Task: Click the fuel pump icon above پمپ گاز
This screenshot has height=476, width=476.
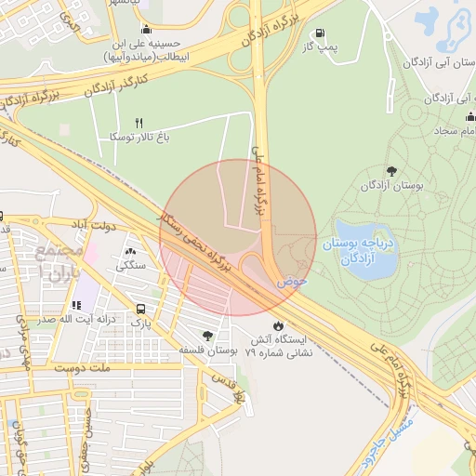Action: [320, 33]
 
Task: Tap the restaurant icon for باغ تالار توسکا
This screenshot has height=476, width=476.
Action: [139, 123]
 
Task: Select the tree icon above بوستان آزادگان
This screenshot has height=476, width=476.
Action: [390, 171]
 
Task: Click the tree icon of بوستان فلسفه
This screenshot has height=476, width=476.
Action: [206, 336]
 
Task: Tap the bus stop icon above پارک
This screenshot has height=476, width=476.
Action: [139, 309]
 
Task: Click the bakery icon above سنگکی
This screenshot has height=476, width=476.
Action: [129, 251]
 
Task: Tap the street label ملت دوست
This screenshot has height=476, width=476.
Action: [88, 368]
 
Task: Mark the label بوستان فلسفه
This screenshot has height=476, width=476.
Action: [205, 350]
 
